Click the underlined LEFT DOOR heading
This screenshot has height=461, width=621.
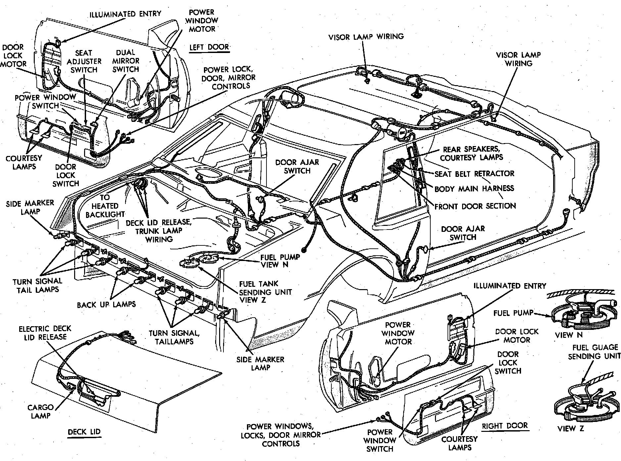coord(209,47)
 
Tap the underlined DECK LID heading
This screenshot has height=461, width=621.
coord(84,432)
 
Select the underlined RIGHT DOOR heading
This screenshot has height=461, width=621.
coord(504,426)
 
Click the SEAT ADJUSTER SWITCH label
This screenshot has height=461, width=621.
coord(84,61)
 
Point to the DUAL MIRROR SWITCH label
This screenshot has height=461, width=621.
coord(125,61)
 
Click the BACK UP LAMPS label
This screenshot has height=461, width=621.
coord(106,304)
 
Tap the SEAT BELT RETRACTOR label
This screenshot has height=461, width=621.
coord(474,174)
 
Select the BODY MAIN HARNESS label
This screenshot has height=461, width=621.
coord(474,189)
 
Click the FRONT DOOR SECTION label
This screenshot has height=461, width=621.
coord(475,206)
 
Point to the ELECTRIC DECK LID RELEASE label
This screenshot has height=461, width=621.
coord(45,333)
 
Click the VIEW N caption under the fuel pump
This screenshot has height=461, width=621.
coord(568,335)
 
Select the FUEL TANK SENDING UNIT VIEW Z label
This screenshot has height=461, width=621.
coord(265,292)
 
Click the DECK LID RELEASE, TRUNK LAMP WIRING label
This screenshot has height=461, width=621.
coord(159,230)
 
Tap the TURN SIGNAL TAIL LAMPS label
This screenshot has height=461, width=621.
coord(37,285)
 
